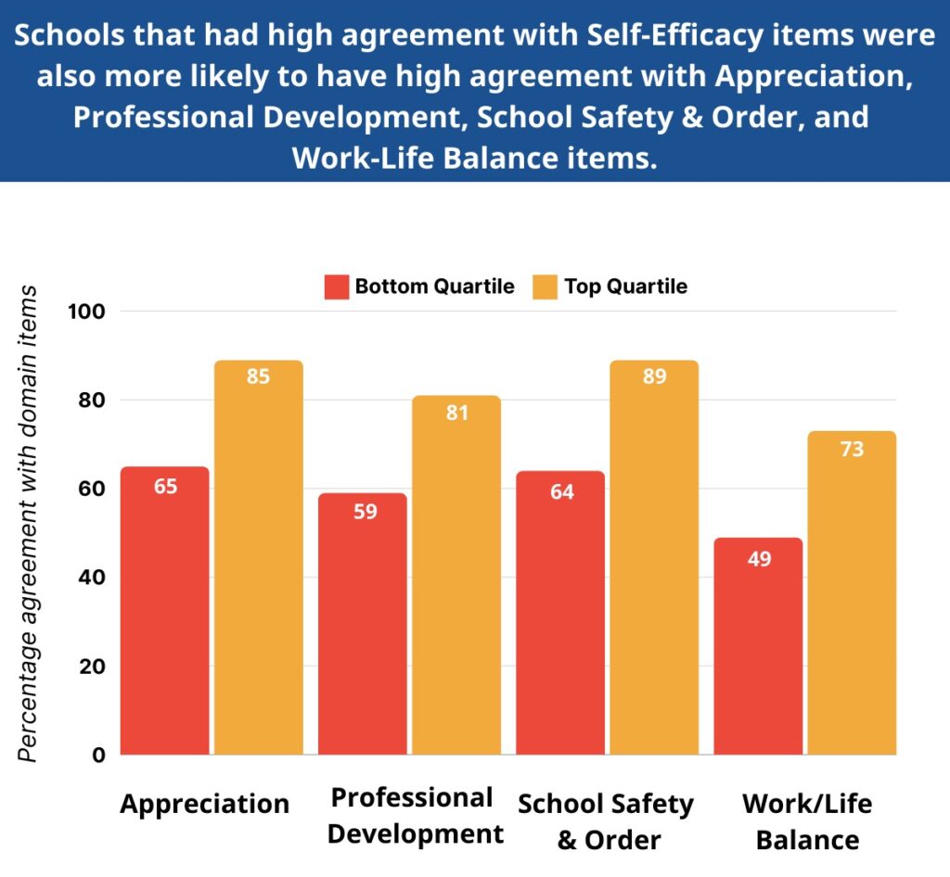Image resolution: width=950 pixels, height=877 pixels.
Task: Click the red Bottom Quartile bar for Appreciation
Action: [165, 612]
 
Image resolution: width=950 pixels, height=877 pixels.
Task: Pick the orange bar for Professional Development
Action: [456, 576]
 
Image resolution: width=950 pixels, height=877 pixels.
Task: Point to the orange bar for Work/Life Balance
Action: [852, 593]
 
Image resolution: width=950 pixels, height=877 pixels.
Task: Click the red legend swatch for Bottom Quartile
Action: [335, 286]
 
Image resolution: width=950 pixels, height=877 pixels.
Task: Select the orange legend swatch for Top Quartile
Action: [545, 286]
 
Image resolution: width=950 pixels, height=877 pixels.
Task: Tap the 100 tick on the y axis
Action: [87, 311]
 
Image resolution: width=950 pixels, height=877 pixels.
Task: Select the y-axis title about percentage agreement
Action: [29, 524]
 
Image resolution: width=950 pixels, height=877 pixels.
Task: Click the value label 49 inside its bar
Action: [758, 559]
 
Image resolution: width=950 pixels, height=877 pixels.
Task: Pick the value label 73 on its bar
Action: [852, 451]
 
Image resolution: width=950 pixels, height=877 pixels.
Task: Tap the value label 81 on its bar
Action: [456, 413]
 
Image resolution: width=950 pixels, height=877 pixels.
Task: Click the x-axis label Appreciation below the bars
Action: [205, 804]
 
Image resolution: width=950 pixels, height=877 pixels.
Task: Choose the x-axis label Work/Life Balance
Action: [807, 821]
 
